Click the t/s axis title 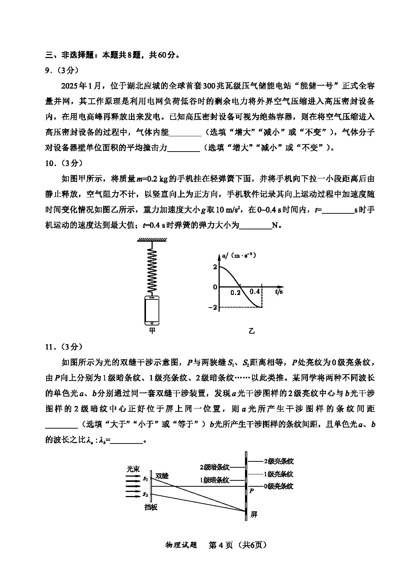coord(279,292)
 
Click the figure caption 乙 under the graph coord(252,331)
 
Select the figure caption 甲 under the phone coord(152,331)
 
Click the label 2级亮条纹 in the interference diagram coord(279,461)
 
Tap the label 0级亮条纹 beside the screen coord(279,486)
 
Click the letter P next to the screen coord(251,491)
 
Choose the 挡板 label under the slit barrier coord(151,507)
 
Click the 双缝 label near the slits coord(162,476)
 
